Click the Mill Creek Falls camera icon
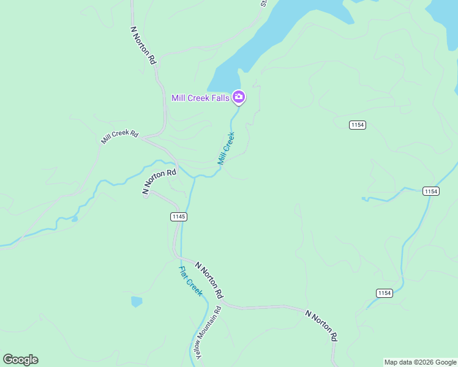coord(239,97)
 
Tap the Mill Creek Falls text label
coord(200,97)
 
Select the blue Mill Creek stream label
coord(226,149)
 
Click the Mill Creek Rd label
coord(120,136)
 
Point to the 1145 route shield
coord(179,217)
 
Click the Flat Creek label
coord(190,281)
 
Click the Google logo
coord(20,360)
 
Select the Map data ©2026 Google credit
coord(420,362)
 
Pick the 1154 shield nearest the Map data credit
coord(384,293)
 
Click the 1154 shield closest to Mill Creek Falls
coord(358,125)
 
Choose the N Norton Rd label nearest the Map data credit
coord(322,325)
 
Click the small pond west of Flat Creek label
coord(136,302)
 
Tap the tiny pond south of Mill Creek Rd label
coord(74,218)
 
